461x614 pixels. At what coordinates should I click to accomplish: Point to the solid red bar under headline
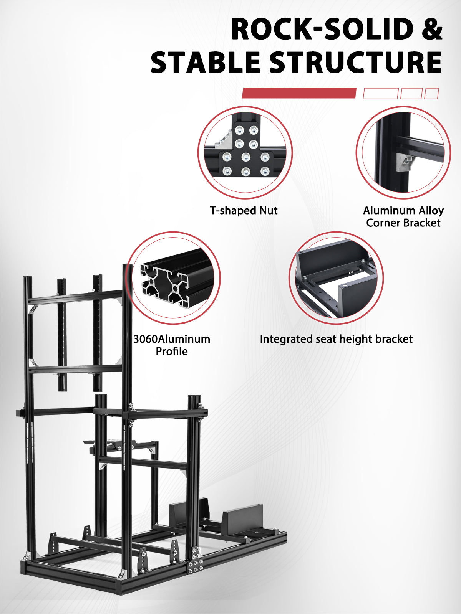(299, 93)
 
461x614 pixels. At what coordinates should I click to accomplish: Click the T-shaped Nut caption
(244, 211)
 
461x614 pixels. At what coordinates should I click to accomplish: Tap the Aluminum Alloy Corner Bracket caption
(403, 217)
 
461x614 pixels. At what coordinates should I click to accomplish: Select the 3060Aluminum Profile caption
(172, 345)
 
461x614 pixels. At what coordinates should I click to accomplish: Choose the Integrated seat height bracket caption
(336, 339)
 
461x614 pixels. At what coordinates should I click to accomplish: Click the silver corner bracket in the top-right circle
(405, 163)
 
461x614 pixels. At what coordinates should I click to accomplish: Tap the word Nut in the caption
(269, 211)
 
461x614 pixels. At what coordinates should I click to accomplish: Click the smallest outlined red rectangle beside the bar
(431, 93)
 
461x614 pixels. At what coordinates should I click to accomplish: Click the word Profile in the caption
(172, 352)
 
